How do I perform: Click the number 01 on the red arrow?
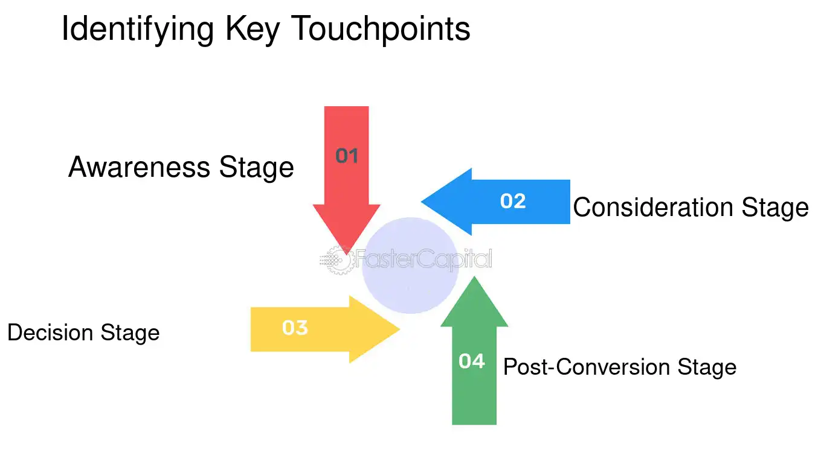tap(347, 156)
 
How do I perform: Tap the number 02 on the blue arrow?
tap(513, 201)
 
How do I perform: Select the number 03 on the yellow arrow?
tap(295, 328)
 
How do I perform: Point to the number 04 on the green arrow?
tap(472, 361)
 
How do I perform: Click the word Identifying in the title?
tap(138, 29)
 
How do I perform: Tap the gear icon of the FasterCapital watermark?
tap(337, 261)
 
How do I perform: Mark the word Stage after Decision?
tap(130, 332)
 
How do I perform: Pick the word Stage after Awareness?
tap(256, 167)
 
